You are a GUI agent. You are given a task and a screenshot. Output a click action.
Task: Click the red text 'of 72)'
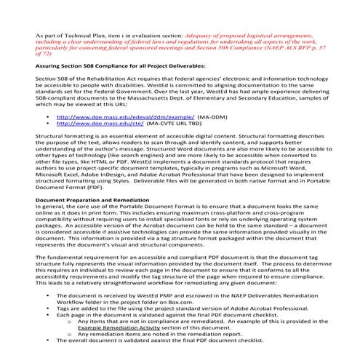pyautogui.click(x=44, y=54)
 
